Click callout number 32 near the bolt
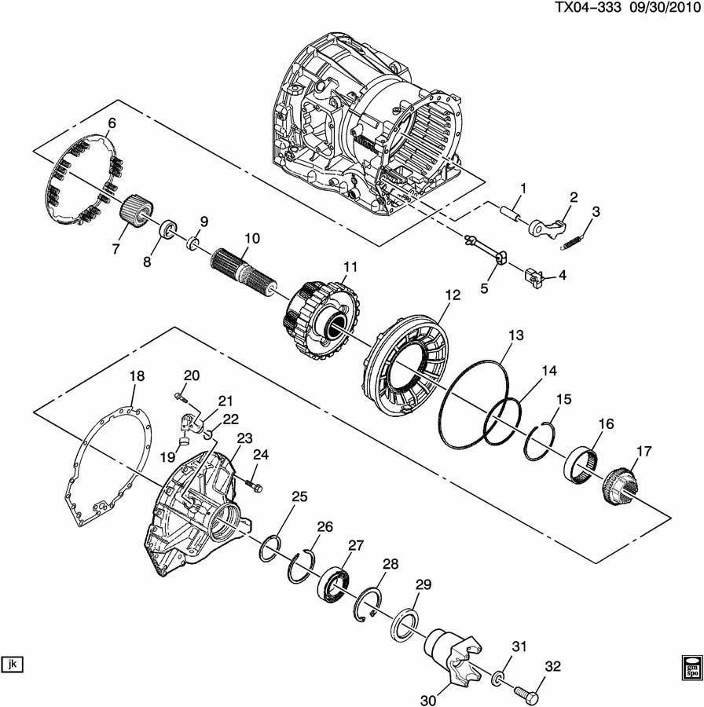[552, 665]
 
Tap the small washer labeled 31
[497, 677]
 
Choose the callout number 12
[453, 295]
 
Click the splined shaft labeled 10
[244, 273]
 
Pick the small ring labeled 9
[193, 243]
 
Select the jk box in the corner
[12, 664]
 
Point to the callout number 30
[428, 700]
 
